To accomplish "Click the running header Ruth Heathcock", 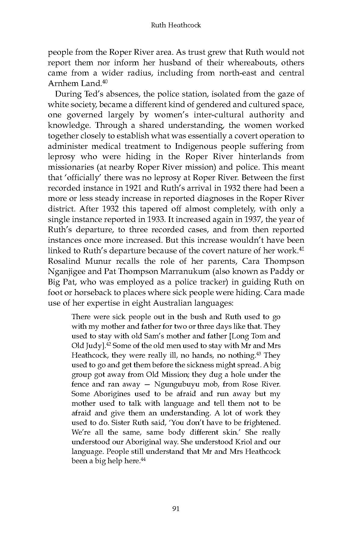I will tap(176, 25).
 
